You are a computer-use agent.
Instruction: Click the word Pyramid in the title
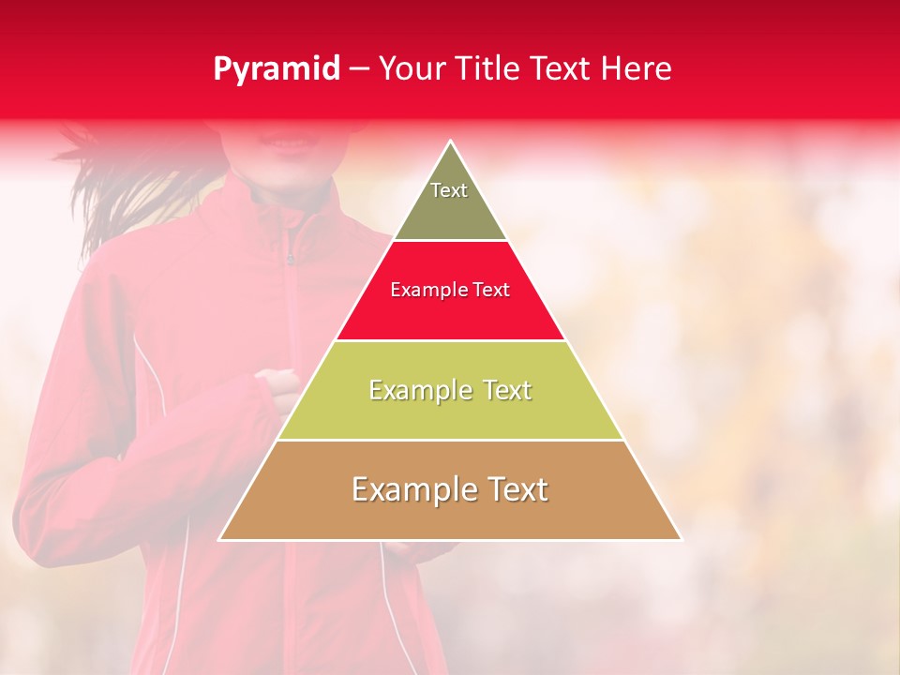(x=277, y=69)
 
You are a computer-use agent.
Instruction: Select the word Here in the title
(x=637, y=69)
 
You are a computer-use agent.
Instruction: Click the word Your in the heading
(x=410, y=69)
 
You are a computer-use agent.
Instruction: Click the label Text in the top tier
(x=449, y=190)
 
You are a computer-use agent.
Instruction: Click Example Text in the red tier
(x=450, y=290)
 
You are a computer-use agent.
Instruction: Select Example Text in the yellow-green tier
(x=450, y=390)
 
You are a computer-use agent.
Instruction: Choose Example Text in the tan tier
(x=450, y=489)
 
